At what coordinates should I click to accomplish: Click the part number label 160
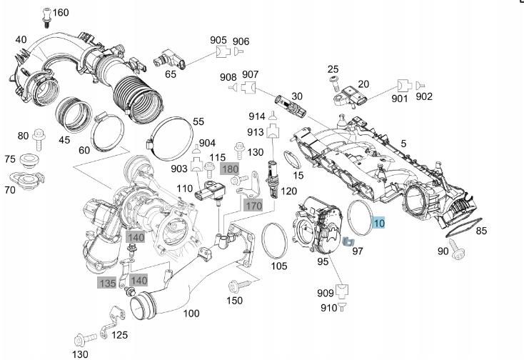pyautogui.click(x=61, y=13)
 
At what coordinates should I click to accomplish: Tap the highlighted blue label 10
pyautogui.click(x=378, y=224)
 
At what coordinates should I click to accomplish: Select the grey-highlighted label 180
pyautogui.click(x=230, y=169)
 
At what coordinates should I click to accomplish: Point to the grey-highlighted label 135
pyautogui.click(x=107, y=283)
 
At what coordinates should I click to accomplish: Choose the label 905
pyautogui.click(x=218, y=41)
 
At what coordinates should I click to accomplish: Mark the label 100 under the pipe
pyautogui.click(x=191, y=313)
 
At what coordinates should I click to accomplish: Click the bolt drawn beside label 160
pyautogui.click(x=46, y=13)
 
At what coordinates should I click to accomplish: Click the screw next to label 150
pyautogui.click(x=236, y=287)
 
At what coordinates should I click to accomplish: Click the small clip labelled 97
pyautogui.click(x=348, y=242)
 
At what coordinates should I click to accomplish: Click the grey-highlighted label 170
pyautogui.click(x=253, y=206)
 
